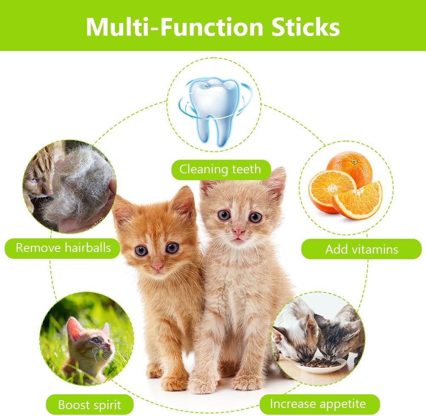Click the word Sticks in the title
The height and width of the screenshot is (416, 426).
(306, 27)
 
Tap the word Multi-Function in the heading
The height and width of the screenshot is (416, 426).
(174, 27)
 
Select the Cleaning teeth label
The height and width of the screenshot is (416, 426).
(221, 170)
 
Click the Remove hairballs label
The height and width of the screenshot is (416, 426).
(63, 248)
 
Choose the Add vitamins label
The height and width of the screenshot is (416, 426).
(361, 249)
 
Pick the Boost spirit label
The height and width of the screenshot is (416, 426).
(90, 405)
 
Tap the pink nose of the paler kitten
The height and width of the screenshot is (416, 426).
(238, 231)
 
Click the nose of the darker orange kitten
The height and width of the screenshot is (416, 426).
(157, 267)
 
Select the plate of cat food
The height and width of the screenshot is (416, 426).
(320, 365)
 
